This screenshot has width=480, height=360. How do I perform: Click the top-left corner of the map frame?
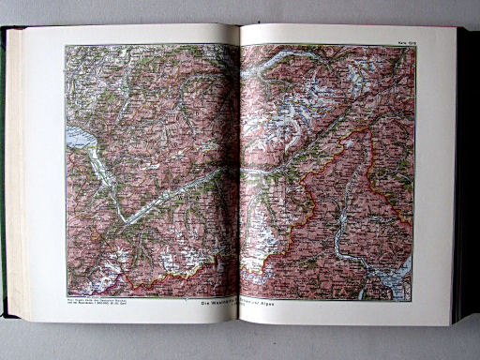click(x=66, y=45)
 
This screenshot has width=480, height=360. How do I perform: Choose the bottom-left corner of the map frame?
click(x=66, y=296)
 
